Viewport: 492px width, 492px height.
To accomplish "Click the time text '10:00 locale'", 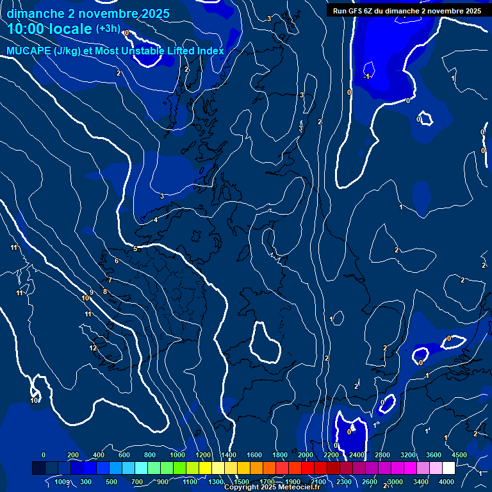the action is tap(49, 29).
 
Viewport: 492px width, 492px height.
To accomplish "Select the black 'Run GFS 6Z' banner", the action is tap(407, 11).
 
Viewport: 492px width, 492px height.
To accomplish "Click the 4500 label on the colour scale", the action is tap(458, 455).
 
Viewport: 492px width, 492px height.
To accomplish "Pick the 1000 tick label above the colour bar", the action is tap(177, 455).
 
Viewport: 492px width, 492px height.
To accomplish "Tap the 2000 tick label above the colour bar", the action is tap(306, 455).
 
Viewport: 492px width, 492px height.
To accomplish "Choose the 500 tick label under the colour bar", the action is tap(111, 482).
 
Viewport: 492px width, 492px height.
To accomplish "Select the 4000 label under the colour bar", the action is tap(447, 482).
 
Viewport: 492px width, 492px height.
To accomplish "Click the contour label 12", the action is tap(93, 348).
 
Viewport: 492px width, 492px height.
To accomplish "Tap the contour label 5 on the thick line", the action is tap(135, 249).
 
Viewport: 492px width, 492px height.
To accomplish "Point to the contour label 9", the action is tap(92, 292).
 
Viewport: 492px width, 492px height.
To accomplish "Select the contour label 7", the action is tap(110, 280).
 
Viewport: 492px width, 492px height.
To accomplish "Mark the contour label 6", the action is tap(117, 261).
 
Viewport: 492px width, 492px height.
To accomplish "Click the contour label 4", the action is tap(156, 220).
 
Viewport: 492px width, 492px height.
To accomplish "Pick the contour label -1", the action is tap(366, 76).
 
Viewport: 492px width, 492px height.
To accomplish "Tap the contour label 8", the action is tap(105, 291).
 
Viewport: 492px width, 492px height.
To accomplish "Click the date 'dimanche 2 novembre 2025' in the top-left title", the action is tap(88, 13).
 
